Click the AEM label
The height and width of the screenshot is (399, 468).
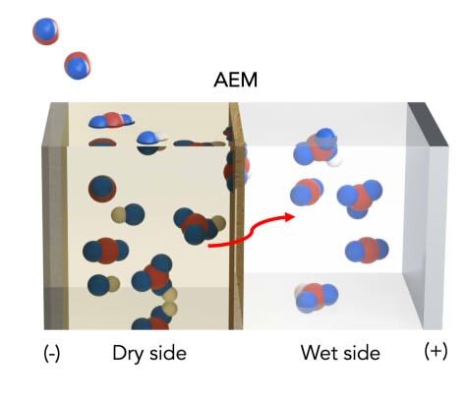[235, 80]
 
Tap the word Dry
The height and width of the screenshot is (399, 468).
[127, 354]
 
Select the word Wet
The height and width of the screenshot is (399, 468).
[318, 353]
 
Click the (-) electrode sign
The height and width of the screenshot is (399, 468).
[52, 354]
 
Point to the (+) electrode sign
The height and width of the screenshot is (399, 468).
[436, 351]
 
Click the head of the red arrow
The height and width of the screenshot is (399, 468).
[290, 217]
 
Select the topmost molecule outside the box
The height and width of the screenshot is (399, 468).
[46, 31]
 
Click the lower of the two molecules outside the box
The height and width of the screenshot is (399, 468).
[78, 66]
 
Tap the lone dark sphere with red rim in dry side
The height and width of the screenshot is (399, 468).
[102, 189]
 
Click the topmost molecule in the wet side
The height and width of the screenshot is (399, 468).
[317, 148]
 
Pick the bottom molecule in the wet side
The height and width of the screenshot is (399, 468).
[317, 298]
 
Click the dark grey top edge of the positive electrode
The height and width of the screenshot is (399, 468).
[428, 124]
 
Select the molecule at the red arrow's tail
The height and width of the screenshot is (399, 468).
[199, 226]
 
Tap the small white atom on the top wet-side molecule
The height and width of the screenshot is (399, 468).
[335, 161]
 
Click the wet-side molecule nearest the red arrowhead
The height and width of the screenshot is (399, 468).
[307, 192]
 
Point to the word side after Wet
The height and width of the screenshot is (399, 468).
[359, 353]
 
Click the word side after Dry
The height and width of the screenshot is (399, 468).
[168, 353]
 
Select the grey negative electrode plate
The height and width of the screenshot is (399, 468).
[55, 216]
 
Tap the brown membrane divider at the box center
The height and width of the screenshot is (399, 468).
[236, 216]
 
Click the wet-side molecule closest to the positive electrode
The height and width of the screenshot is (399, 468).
[367, 250]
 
